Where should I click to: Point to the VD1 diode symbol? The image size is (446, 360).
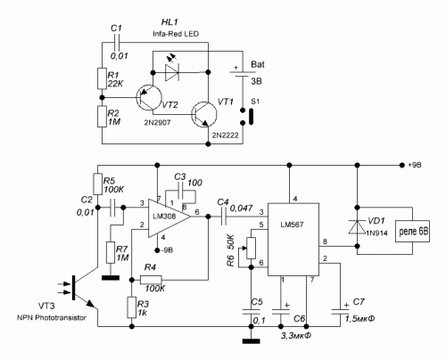358,226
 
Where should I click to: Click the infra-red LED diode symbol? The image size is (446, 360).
172,72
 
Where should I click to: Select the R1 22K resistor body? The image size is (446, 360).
102,78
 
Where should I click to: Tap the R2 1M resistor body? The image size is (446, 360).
102,117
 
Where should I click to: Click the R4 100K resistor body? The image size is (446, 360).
151,280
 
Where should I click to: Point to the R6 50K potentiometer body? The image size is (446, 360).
252,248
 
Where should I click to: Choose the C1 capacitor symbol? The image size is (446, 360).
117,43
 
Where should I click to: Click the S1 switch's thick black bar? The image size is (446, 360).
251,117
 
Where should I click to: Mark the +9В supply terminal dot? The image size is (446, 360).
401,165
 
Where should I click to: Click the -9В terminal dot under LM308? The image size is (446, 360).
157,250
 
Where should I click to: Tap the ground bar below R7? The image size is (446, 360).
111,278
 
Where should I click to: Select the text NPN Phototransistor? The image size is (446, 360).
52,317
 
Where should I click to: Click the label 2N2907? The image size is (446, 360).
157,122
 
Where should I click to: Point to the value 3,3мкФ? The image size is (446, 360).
296,336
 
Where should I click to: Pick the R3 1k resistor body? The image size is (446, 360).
132,307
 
